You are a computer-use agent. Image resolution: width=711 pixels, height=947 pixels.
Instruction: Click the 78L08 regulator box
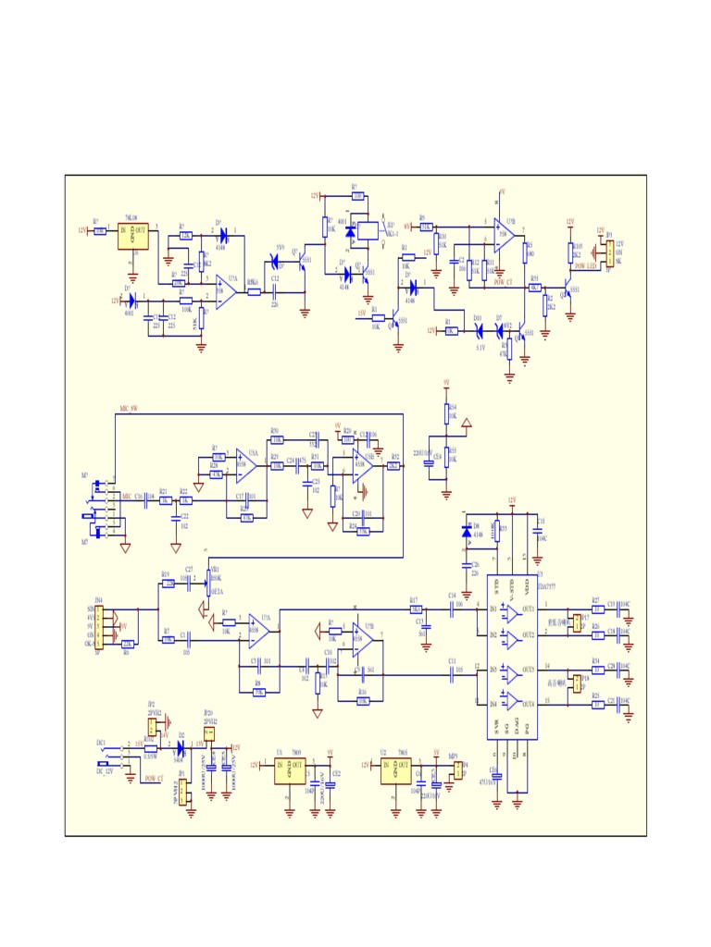click(x=133, y=235)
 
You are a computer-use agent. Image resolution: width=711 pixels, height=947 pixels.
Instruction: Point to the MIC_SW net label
click(x=129, y=408)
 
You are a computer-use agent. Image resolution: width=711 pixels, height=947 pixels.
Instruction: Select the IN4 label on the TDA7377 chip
click(x=493, y=704)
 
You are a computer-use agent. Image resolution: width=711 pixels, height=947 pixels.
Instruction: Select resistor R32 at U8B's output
click(x=393, y=466)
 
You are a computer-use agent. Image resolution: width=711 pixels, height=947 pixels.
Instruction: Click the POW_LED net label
click(x=585, y=266)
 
